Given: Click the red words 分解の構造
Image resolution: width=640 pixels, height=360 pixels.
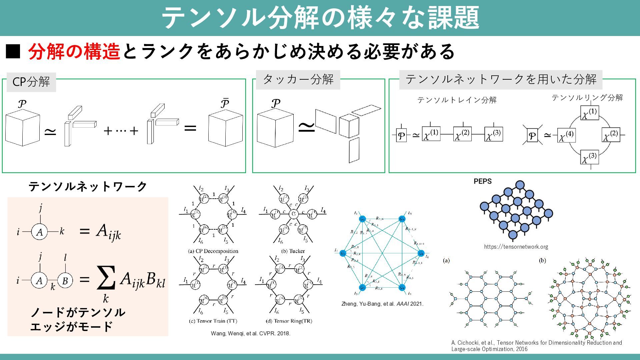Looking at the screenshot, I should tap(74, 52).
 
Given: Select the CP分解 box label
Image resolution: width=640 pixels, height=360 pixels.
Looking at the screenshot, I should tap(31, 82).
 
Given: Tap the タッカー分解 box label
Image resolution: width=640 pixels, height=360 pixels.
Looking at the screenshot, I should tap(298, 80).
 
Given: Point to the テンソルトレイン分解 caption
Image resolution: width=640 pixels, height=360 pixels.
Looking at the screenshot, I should tap(457, 100).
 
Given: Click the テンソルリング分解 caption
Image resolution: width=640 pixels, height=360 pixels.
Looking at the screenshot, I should tap(587, 98).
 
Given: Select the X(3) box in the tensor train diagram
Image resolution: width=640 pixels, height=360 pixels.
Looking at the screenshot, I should tap(494, 134).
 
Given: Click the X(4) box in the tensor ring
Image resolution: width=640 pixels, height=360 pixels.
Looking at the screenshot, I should tap(566, 135).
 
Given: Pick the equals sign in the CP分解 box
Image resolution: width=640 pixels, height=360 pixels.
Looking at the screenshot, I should tap(190, 128).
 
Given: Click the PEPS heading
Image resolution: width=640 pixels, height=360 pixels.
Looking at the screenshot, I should tap(482, 181).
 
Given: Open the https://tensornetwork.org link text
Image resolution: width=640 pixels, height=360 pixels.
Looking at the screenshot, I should tap(516, 247).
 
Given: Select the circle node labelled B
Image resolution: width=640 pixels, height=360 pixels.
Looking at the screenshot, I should tap(65, 281).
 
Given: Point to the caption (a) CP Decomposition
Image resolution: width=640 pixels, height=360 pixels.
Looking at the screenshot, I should tap(213, 251).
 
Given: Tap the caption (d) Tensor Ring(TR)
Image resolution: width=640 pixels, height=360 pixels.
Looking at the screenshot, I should tap(289, 321).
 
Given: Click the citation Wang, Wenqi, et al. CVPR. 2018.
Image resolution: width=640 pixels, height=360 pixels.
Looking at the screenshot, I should tap(251, 333).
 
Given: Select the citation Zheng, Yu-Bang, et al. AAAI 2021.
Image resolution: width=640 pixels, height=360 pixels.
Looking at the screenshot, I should tap(382, 304).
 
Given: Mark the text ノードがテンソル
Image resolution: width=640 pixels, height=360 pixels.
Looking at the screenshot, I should tap(78, 312).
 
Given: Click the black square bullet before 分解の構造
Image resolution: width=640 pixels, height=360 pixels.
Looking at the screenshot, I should tap(13, 52).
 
